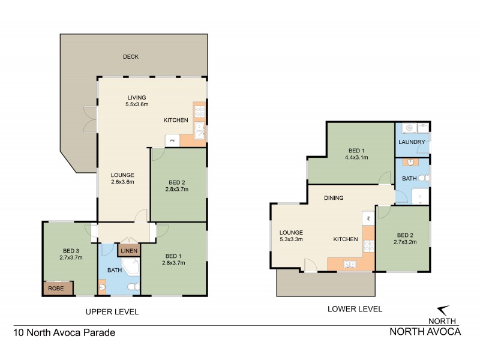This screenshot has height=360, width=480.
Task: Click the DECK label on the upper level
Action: click(x=131, y=57)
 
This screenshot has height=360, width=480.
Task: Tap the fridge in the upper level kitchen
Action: click(x=173, y=140)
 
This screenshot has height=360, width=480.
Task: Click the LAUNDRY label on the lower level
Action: click(x=412, y=142)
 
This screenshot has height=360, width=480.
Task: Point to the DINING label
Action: click(x=334, y=197)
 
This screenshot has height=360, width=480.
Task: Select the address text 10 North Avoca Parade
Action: click(x=64, y=332)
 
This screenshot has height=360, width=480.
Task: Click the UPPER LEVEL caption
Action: click(x=112, y=311)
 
